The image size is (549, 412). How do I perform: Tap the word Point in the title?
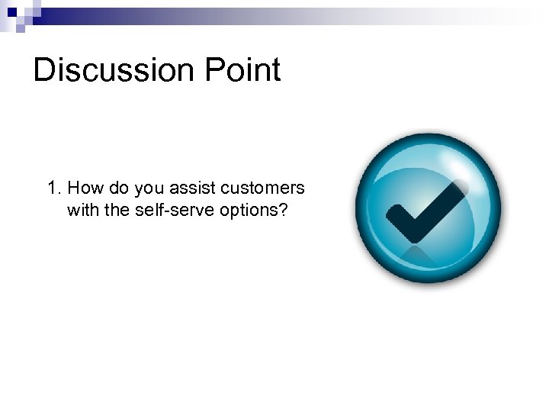click(249, 70)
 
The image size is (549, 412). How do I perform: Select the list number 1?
click(53, 188)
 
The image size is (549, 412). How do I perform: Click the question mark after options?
click(283, 210)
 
